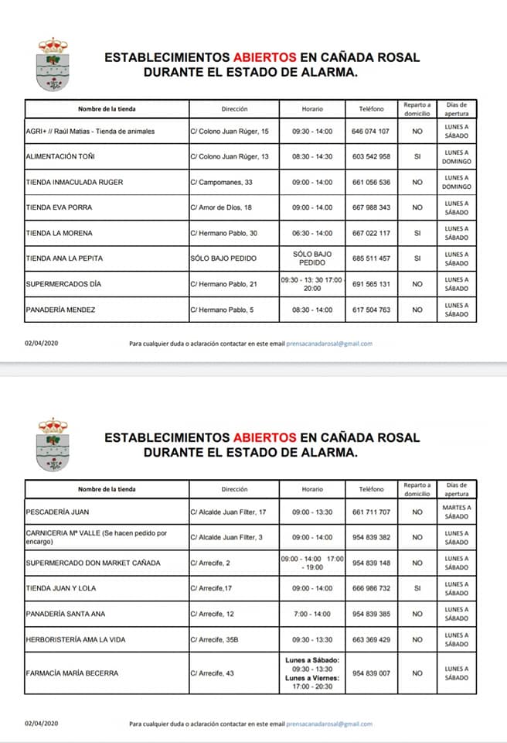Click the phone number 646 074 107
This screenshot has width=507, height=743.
371,132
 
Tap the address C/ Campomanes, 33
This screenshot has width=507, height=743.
221,183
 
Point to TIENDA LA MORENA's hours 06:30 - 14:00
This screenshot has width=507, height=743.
312,233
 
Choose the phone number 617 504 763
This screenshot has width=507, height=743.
371,310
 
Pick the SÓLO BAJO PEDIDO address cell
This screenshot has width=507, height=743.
223,259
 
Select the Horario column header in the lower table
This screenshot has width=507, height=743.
312,489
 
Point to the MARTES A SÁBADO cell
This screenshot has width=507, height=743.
457,512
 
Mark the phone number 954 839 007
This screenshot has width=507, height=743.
371,673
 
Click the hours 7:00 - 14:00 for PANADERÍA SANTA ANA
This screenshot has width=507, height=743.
312,615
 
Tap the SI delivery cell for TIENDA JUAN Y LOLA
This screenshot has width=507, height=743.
417,589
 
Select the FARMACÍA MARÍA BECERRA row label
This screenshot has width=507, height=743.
72,673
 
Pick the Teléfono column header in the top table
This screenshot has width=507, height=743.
371,109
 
